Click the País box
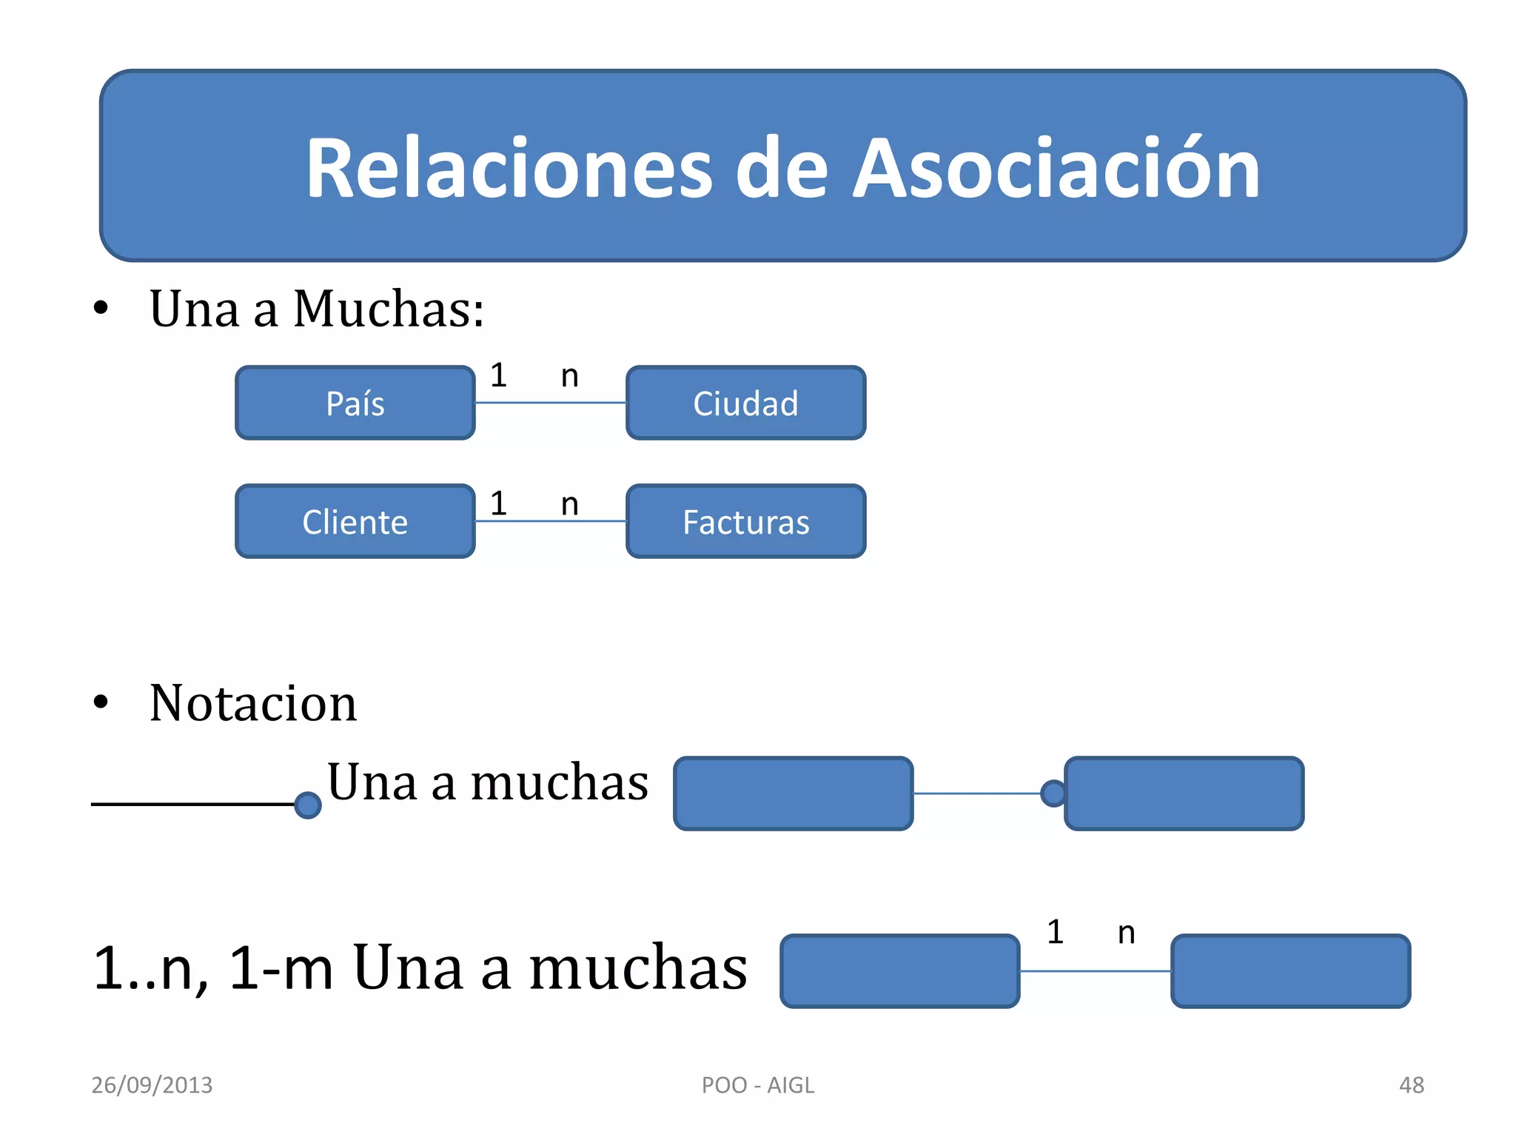[x=355, y=403]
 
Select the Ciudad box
[x=745, y=403]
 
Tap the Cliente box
[x=355, y=521]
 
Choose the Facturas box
[x=745, y=521]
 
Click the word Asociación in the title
[x=1056, y=169]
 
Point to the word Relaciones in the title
[x=509, y=169]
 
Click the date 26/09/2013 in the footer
[x=152, y=1085]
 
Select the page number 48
[x=1411, y=1085]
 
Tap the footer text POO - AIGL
[x=757, y=1085]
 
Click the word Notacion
[x=253, y=703]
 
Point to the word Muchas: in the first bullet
[x=389, y=309]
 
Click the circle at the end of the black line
[x=307, y=805]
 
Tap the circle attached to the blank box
[x=1053, y=794]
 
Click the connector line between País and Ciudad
[x=550, y=403]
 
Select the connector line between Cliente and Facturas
[x=550, y=521]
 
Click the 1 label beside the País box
[x=499, y=375]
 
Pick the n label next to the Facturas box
[x=569, y=504]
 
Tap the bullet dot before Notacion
[x=101, y=702]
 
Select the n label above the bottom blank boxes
[x=1126, y=933]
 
